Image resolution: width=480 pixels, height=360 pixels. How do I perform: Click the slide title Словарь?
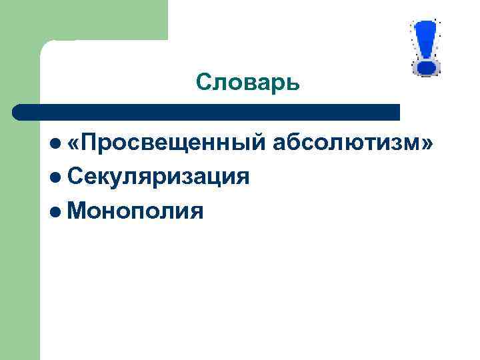point(248,83)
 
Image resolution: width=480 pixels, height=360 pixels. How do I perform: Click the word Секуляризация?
point(159,177)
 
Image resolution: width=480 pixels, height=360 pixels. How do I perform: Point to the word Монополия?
point(135,211)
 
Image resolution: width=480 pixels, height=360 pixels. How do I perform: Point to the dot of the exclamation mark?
point(425,67)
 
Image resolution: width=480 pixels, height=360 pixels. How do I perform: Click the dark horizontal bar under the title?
point(207,112)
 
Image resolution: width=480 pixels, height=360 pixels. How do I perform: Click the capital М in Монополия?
point(77,211)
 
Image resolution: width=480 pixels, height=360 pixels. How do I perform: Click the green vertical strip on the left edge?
point(19,233)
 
